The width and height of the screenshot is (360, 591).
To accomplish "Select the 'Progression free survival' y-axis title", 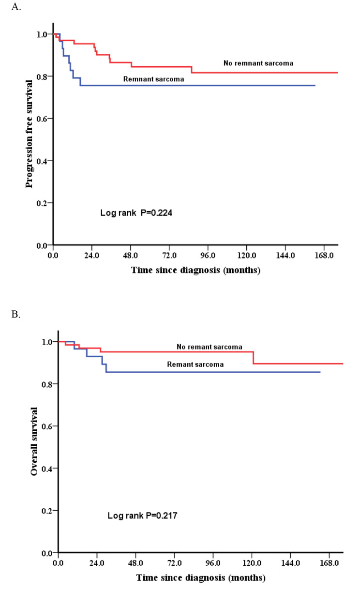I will tap(30, 134).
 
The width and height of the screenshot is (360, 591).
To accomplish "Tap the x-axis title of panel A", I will tap(195, 270).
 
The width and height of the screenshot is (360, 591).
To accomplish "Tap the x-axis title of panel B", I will tap(200, 578).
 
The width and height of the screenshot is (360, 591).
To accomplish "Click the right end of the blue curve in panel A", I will tap(315, 85).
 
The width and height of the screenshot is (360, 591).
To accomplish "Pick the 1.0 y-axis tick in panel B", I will tap(47, 342).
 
